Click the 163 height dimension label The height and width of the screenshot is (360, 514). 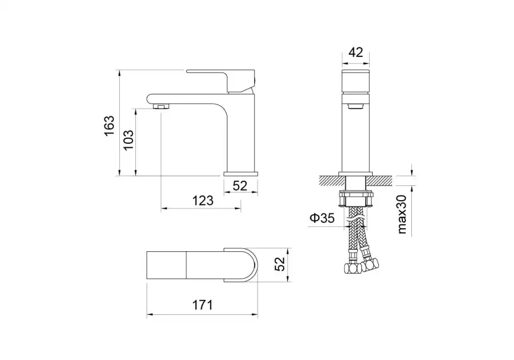pos(109,125)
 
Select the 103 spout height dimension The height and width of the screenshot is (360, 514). pos(128,140)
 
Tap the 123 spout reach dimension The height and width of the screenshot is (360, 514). pos(202,200)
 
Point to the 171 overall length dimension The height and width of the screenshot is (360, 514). pos(202,305)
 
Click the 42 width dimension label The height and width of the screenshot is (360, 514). pos(356,52)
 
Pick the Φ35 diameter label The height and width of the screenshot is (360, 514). pos(322,218)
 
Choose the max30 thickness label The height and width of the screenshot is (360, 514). pos(402,214)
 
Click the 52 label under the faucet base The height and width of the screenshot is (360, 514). pos(240,186)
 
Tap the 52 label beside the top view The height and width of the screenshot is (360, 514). pos(280,264)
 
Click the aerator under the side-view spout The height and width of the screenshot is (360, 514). pos(161,106)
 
